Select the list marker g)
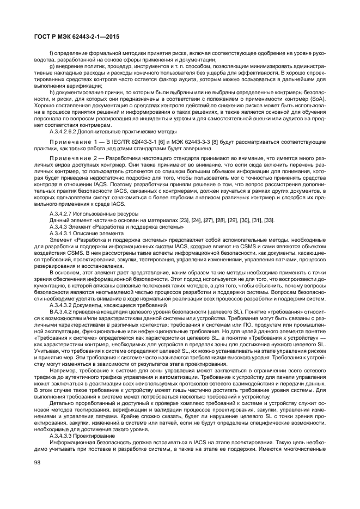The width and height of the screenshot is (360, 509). pos(51,66)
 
